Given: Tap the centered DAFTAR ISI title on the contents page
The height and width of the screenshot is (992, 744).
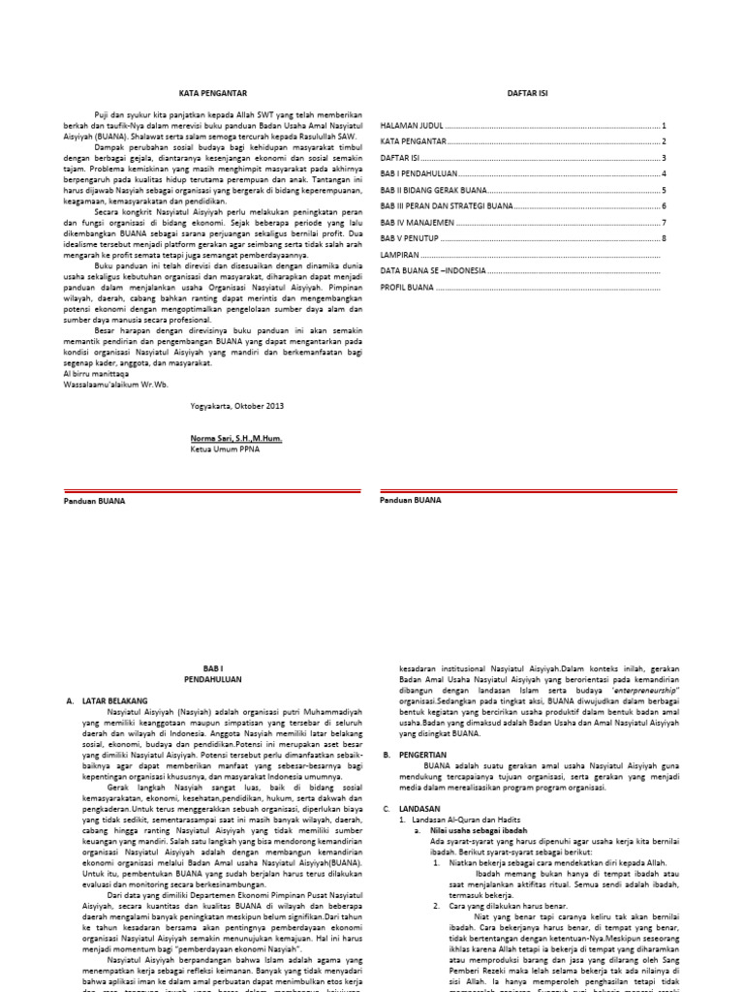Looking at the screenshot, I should point(523,92).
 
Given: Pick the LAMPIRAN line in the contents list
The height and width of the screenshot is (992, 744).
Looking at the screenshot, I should point(401,255).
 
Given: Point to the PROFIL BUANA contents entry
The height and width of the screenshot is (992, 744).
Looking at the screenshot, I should point(408,287).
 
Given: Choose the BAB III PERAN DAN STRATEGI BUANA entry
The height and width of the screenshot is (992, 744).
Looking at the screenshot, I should point(447,206).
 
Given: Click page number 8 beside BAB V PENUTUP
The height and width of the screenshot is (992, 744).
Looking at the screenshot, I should point(664,238).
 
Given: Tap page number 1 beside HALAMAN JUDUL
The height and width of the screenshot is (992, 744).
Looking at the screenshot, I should point(664,126).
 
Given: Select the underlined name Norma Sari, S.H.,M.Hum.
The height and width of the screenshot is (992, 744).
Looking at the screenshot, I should point(237,438).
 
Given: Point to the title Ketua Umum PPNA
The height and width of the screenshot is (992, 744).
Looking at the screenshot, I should point(226,449).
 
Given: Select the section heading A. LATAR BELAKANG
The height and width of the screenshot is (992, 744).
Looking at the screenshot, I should point(107,698).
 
